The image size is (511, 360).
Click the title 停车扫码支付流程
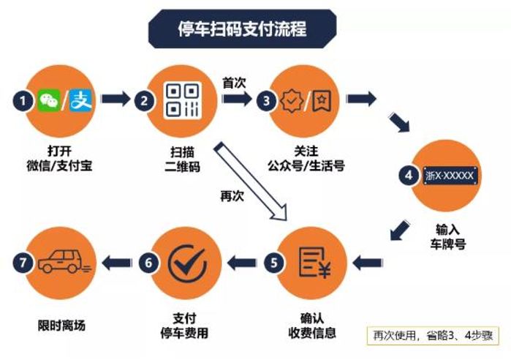(242, 29)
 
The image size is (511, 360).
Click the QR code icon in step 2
(182, 100)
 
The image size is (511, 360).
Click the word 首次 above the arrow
(233, 83)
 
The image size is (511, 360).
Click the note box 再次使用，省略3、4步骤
(430, 335)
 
